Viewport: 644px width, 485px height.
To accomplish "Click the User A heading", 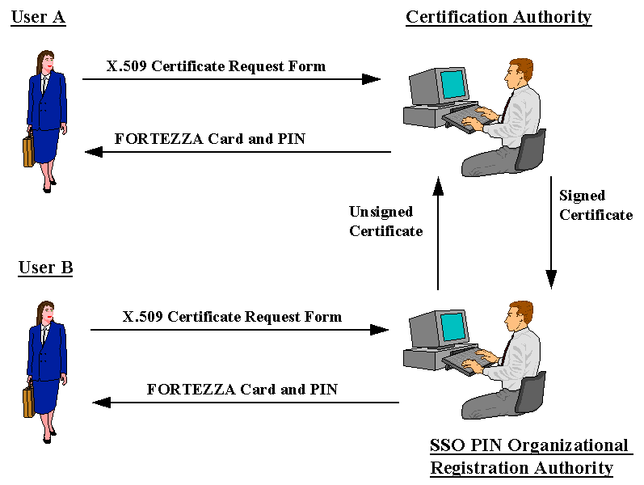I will [x=38, y=17].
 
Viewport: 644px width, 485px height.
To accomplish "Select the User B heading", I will [x=45, y=268].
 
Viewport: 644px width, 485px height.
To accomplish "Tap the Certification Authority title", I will [x=499, y=17].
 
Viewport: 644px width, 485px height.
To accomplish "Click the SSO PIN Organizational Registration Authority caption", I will [x=529, y=457].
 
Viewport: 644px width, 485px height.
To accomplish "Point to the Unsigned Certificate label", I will [x=385, y=221].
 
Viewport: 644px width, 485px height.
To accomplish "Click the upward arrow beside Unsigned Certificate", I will [x=438, y=234].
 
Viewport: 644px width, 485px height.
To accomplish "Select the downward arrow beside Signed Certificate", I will [x=551, y=234].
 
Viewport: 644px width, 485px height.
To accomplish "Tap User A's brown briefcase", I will [x=28, y=150].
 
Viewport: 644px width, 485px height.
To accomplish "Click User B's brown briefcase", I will [x=28, y=401].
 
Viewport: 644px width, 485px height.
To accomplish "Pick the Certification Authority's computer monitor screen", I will [x=452, y=83].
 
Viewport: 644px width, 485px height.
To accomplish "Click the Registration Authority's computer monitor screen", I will [x=452, y=326].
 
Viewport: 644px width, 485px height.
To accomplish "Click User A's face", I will [x=48, y=62].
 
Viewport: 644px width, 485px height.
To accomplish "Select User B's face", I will [x=48, y=313].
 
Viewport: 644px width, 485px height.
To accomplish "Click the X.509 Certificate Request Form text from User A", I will [x=216, y=66].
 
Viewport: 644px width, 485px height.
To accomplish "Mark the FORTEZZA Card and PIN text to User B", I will [x=242, y=390].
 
